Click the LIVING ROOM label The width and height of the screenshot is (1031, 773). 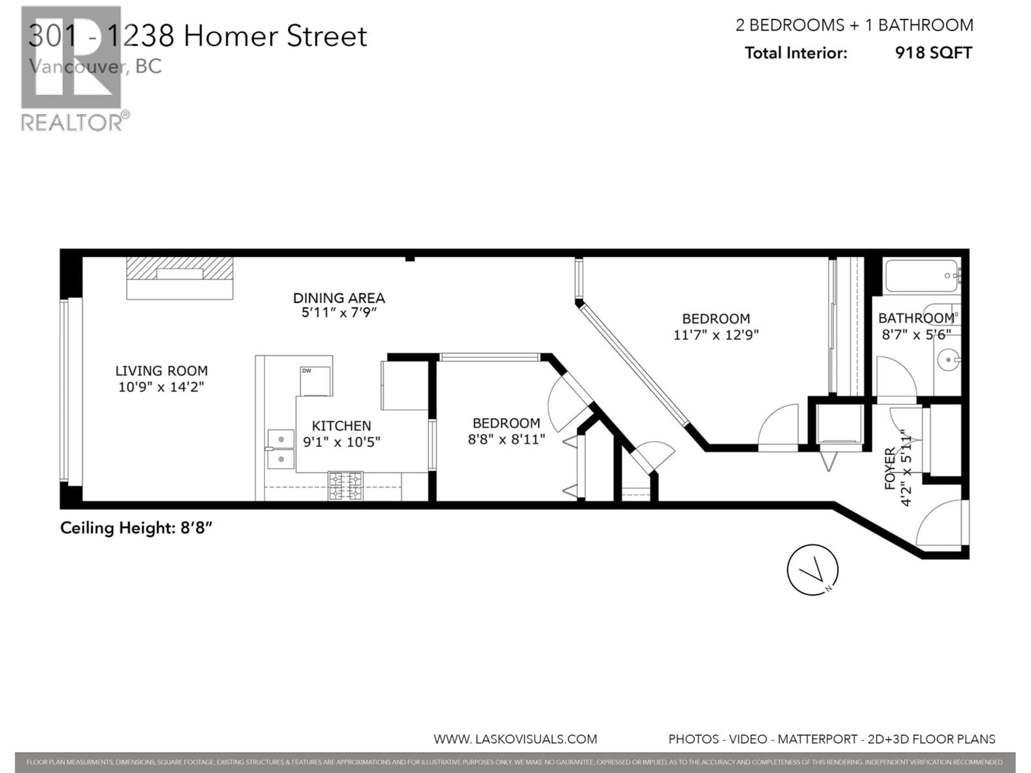[x=161, y=371]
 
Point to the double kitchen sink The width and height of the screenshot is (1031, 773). [x=281, y=449]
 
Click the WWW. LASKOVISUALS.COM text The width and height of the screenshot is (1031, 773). [x=515, y=739]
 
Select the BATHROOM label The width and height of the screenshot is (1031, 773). [x=916, y=319]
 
